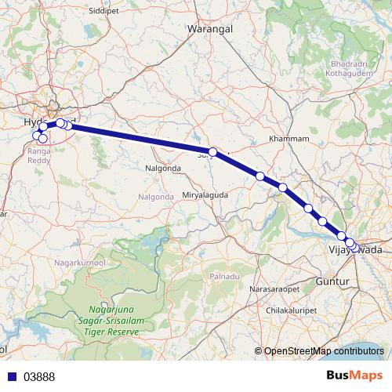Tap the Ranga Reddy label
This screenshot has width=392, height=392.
pos(39,154)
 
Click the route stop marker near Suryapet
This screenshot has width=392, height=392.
pos(212,151)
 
